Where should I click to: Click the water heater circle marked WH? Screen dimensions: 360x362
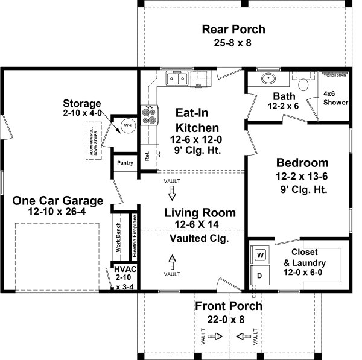tap(127, 125)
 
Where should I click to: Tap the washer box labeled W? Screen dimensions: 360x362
tap(261, 255)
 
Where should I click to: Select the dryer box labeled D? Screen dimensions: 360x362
tap(261, 276)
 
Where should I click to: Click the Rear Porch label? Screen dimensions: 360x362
tap(233, 30)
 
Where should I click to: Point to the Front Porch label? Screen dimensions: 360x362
tap(229, 306)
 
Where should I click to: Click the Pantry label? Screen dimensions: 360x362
tap(125, 162)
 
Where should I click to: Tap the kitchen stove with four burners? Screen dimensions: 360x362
tap(148, 114)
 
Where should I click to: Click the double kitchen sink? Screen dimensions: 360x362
tap(177, 78)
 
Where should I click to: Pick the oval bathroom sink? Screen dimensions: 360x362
tap(267, 78)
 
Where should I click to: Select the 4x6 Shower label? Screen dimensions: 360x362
tap(335, 98)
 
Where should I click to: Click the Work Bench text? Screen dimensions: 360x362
tap(118, 235)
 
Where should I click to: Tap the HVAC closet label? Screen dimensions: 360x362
tap(125, 277)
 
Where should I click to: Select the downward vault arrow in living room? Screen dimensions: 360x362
tap(172, 193)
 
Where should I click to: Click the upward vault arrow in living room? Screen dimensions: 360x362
tap(172, 262)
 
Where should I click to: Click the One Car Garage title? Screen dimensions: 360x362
tap(57, 201)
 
